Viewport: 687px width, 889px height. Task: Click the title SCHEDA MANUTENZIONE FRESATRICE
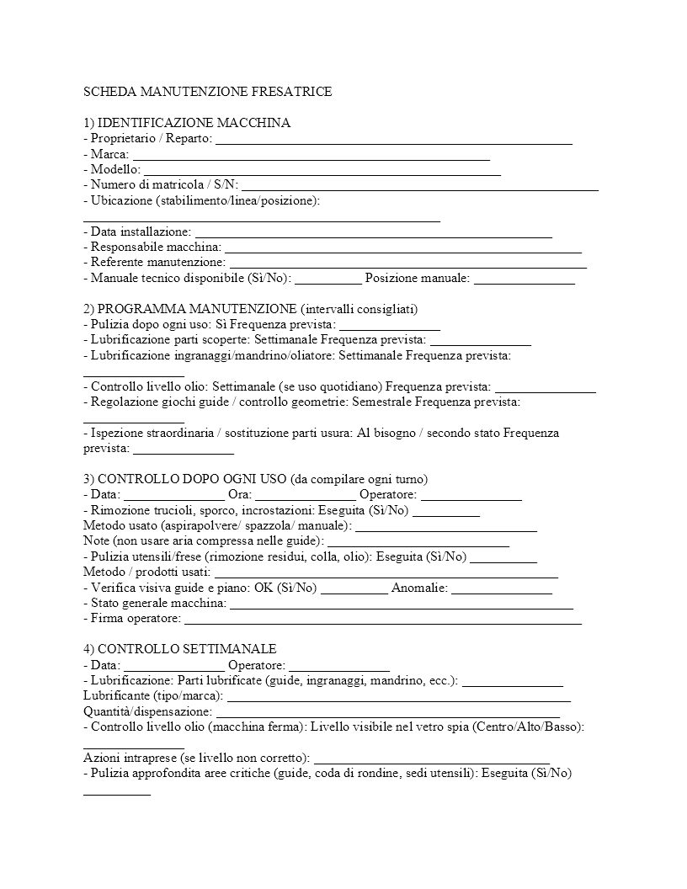click(208, 92)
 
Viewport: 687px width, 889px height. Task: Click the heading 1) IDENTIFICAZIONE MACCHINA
click(187, 123)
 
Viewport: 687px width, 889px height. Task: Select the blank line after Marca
click(312, 156)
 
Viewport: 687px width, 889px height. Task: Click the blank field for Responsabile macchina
click(403, 248)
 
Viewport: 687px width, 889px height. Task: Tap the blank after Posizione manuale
click(524, 279)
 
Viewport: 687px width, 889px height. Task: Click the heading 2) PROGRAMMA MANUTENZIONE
click(251, 309)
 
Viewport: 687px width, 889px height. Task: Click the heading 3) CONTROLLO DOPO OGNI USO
click(256, 479)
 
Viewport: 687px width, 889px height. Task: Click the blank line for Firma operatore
click(382, 620)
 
